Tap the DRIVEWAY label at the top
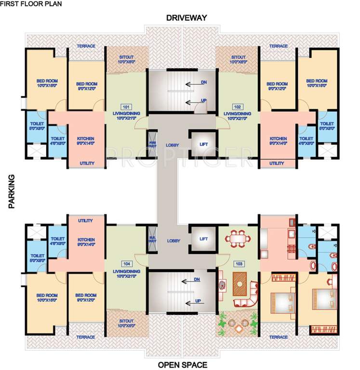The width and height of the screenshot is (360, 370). (187, 18)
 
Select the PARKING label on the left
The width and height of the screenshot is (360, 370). (12, 191)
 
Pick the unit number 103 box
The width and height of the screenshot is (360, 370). (238, 264)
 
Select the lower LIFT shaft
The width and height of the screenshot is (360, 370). (203, 239)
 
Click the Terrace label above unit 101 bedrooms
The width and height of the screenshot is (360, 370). (86, 46)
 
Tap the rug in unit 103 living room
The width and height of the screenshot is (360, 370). (240, 284)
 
